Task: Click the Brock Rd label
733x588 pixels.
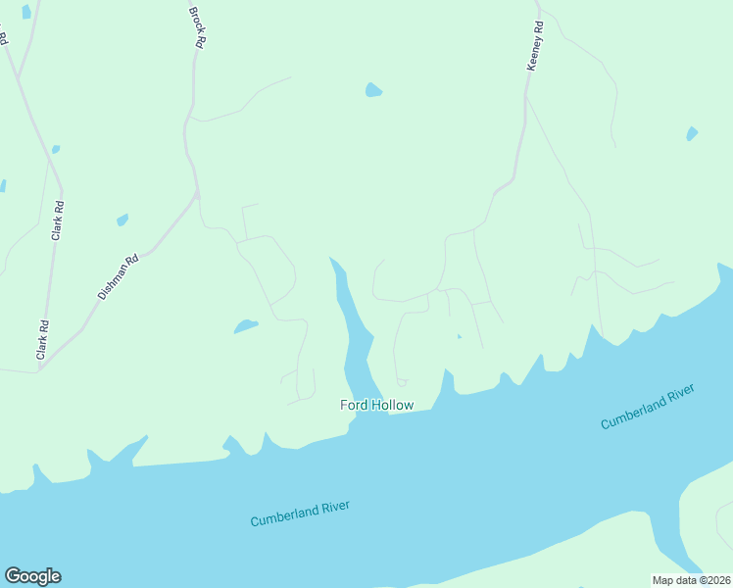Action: (x=199, y=26)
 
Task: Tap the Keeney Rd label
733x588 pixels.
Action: (x=535, y=46)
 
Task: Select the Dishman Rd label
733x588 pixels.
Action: (x=118, y=277)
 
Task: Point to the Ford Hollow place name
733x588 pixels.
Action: (x=376, y=405)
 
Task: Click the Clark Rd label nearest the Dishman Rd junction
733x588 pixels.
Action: (x=43, y=340)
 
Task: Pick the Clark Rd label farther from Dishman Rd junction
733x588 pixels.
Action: (x=58, y=220)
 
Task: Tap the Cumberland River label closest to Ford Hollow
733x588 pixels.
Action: (x=300, y=514)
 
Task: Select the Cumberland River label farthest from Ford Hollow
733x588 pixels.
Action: (x=647, y=407)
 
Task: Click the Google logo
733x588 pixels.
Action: (x=32, y=576)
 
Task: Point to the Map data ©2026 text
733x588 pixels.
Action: (x=691, y=580)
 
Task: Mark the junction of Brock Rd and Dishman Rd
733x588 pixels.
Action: (x=197, y=194)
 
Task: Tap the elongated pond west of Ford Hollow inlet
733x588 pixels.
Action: (x=245, y=326)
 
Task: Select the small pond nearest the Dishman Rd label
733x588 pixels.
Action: (x=122, y=220)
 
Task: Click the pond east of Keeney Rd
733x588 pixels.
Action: (x=692, y=133)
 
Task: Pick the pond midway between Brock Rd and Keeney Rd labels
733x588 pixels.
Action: (x=372, y=90)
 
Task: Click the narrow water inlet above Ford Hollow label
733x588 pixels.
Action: (x=353, y=323)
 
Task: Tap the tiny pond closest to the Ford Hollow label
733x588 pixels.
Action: (x=459, y=337)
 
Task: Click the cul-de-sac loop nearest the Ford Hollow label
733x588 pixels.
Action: (x=401, y=382)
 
